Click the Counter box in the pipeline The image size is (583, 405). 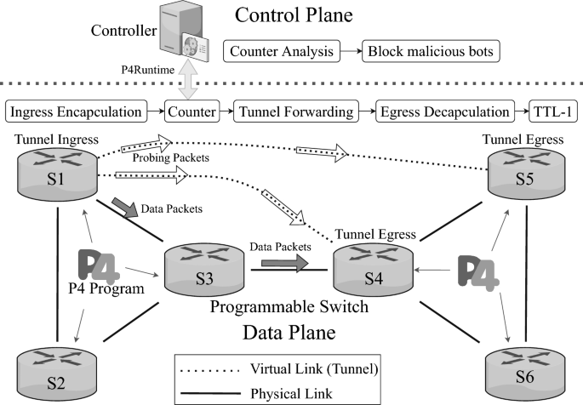pyautogui.click(x=189, y=111)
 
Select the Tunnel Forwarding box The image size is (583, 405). pyautogui.click(x=296, y=111)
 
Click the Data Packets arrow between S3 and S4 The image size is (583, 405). pyautogui.click(x=278, y=264)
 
